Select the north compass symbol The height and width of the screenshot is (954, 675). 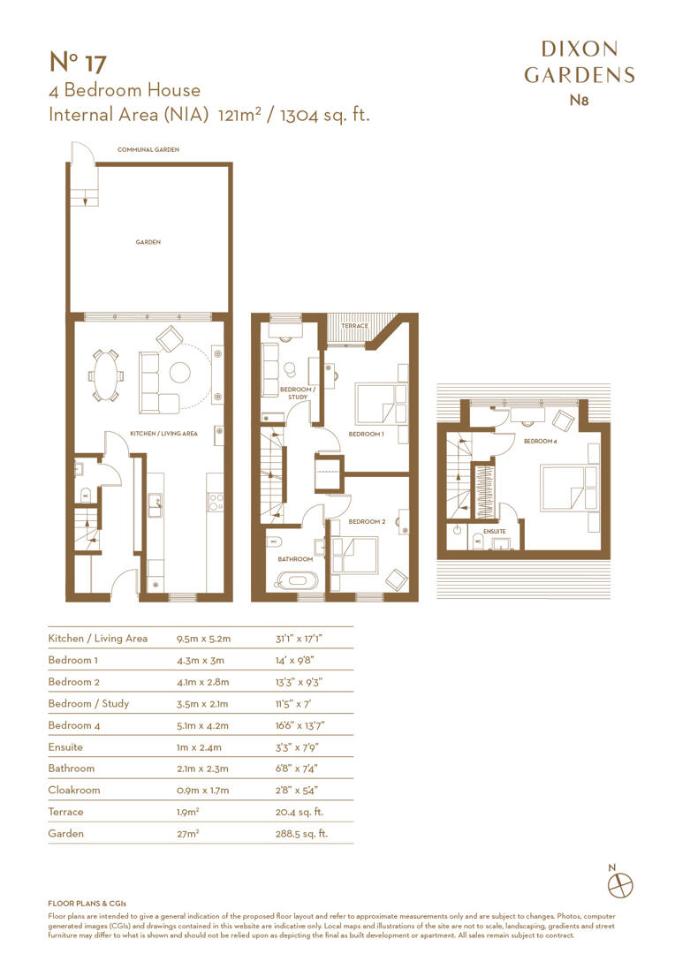click(x=624, y=882)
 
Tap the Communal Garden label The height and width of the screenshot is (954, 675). click(x=148, y=150)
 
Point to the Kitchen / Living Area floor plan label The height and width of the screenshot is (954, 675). click(x=163, y=434)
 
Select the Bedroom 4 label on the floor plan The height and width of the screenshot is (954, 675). click(x=540, y=441)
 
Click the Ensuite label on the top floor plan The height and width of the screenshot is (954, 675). click(x=494, y=532)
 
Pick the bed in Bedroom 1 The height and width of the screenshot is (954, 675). click(x=380, y=404)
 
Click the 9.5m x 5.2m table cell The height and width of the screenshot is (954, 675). click(x=203, y=638)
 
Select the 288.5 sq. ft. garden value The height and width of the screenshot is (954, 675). click(x=301, y=833)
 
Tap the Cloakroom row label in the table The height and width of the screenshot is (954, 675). click(x=74, y=790)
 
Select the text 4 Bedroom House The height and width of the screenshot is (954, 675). click(x=124, y=90)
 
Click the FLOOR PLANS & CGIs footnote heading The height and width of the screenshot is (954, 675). click(x=87, y=904)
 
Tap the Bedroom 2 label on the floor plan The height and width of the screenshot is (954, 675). click(x=367, y=522)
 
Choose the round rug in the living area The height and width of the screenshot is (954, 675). click(x=180, y=373)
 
